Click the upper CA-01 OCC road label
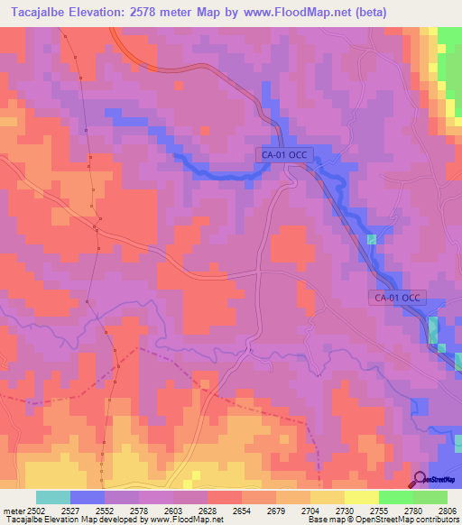(x=285, y=154)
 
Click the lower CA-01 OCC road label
(x=398, y=297)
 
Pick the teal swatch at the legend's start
(x=53, y=497)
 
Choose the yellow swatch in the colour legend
(x=361, y=497)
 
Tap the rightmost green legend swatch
(x=430, y=497)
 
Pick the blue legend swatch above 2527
(x=88, y=497)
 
